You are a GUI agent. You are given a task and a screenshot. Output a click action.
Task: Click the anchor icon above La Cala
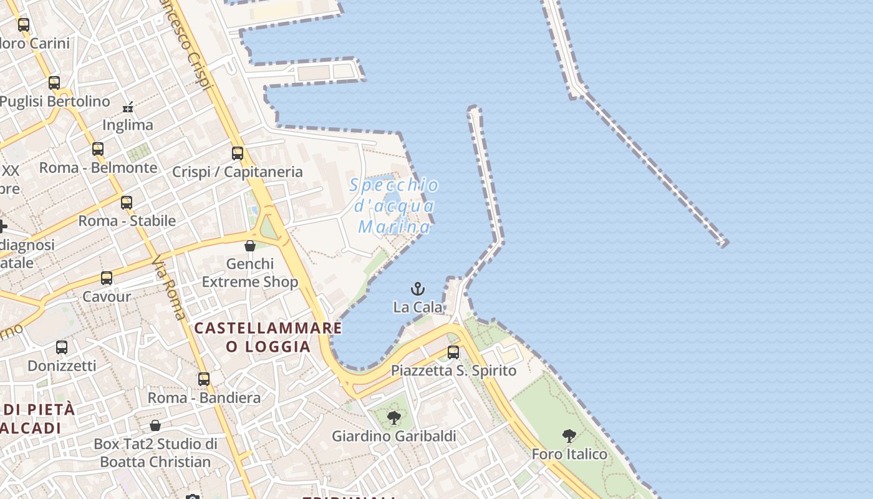418,289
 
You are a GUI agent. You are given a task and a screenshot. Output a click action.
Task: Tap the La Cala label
418,307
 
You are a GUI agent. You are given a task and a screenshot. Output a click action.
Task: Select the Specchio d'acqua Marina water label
394,206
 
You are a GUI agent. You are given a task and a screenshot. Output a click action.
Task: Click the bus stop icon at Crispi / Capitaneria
238,153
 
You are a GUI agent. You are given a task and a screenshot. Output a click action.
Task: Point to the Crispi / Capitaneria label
238,172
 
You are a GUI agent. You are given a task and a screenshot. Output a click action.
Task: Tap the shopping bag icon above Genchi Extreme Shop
250,246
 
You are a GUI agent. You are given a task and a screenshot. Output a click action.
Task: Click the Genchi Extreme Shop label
250,273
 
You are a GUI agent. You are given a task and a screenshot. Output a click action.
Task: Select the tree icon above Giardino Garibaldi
393,417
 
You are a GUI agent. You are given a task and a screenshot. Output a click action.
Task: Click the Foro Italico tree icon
569,435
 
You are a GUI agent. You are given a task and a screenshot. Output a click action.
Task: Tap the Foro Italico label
569,454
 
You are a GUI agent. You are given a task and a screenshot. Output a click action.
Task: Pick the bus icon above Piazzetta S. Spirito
453,352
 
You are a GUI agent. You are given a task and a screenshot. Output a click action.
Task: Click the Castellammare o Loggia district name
268,337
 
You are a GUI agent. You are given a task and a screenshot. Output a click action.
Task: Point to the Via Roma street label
169,288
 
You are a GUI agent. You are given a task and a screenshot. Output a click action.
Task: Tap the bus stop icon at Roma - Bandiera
204,379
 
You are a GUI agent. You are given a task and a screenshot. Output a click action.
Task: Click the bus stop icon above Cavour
107,278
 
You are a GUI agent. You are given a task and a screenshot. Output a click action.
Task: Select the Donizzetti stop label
62,366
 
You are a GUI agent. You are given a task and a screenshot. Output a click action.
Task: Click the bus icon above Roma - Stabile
127,202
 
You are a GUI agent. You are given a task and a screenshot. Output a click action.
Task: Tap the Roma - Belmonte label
99,168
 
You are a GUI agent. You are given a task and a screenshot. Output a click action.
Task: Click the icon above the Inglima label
128,107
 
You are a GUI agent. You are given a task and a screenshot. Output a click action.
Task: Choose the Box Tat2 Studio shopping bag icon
155,425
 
